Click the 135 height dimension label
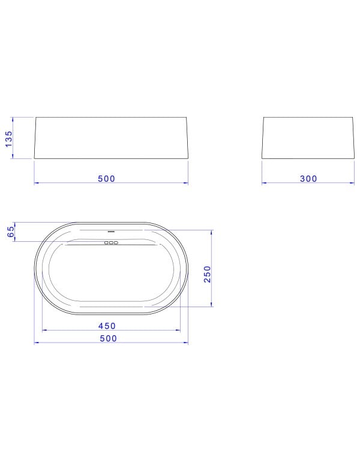tap(9, 139)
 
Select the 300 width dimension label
tap(308, 179)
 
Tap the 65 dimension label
tap(11, 232)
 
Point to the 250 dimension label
tap(208, 274)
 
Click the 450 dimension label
tap(107, 326)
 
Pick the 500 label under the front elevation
tap(106, 179)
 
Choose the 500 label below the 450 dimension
tap(109, 338)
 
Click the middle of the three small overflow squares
tap(111, 243)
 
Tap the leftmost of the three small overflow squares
tap(107, 243)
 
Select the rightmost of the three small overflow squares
tap(116, 243)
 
